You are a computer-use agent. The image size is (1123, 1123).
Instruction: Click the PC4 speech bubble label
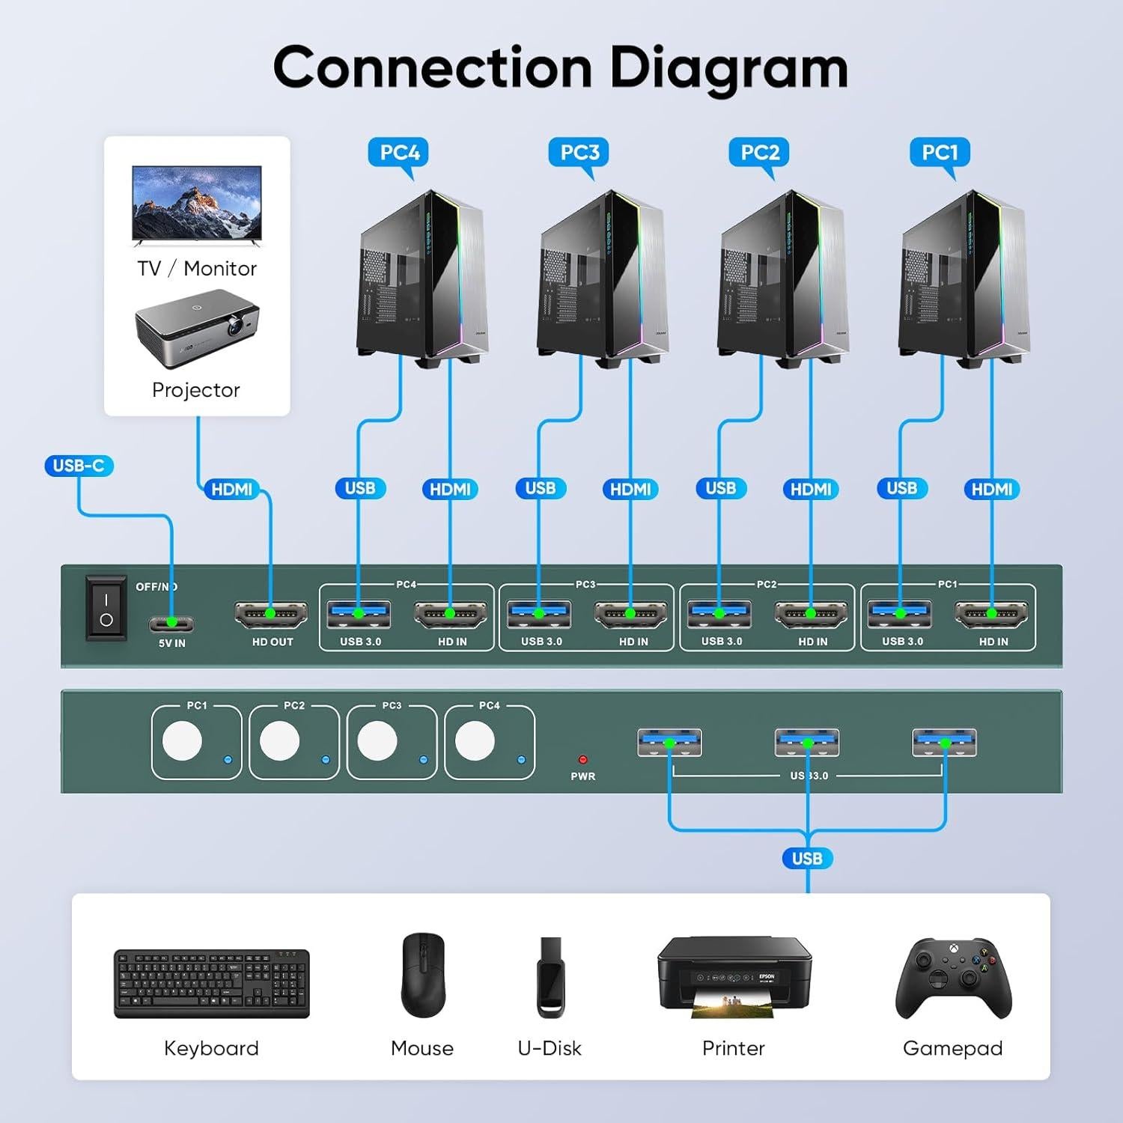tap(399, 153)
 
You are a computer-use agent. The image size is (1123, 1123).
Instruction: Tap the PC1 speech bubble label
tap(940, 153)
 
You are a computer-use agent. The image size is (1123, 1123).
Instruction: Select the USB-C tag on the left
tap(79, 466)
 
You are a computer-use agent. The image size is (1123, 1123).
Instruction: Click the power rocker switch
tap(106, 608)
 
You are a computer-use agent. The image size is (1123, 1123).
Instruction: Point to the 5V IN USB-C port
tap(171, 622)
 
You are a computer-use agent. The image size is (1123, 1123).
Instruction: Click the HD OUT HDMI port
tap(271, 614)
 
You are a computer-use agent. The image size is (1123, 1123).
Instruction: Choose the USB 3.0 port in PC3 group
tap(539, 614)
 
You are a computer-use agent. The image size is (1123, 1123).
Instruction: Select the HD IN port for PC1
tap(992, 614)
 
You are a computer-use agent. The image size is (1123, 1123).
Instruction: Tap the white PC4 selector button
tap(475, 741)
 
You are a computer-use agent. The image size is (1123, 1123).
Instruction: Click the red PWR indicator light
tap(582, 760)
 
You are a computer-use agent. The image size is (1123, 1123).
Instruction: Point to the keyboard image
tap(211, 983)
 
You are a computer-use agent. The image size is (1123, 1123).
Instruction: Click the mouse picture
tap(423, 975)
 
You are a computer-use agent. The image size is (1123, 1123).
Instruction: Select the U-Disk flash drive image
tap(550, 977)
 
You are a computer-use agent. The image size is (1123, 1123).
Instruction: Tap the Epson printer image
tap(734, 977)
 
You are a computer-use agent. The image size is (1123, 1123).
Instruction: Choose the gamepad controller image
tap(953, 977)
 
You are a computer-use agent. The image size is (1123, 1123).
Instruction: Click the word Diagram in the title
tap(728, 69)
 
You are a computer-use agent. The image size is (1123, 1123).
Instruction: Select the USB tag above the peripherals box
tap(807, 859)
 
